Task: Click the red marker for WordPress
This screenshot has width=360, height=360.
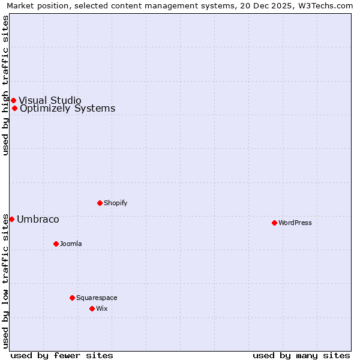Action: pos(274,223)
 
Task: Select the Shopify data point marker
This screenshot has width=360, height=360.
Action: pos(100,203)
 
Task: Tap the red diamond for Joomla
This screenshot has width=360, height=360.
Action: pos(56,244)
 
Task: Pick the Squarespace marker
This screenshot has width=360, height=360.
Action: pos(72,298)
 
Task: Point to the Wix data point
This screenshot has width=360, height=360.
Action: pos(92,308)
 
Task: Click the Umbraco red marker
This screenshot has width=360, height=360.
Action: pos(11,219)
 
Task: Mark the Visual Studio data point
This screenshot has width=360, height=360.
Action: pos(13,100)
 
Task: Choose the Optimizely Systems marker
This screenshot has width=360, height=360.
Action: pos(14,109)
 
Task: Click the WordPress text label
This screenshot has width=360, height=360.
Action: pos(295,223)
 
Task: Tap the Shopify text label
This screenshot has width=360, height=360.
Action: pos(116,203)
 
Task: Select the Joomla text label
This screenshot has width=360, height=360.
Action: pos(71,244)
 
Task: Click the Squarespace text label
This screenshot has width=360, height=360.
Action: pos(97,298)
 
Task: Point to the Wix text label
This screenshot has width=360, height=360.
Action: pos(102,308)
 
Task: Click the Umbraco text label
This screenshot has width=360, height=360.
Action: pos(38,219)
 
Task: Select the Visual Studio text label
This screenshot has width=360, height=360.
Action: pos(50,100)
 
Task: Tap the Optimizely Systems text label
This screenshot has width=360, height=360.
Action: pos(67,109)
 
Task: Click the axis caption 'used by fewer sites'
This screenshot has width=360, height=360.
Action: pos(62,355)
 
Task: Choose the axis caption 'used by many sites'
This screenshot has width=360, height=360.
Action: pos(301,355)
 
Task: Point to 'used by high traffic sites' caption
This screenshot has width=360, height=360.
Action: pos(5,85)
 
